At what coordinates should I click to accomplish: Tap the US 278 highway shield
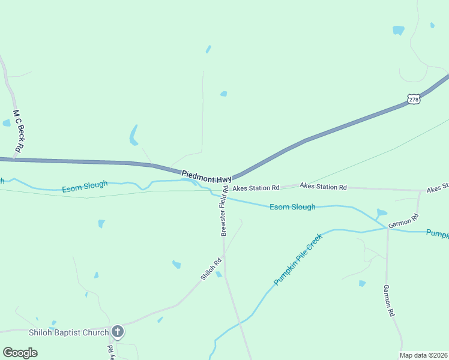coord(413,99)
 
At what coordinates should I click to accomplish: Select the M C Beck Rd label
coord(18,130)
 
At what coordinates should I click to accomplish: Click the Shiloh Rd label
coord(211,269)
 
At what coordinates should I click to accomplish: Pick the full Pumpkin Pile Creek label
coord(298,259)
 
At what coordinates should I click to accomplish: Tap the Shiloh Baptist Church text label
coord(69,332)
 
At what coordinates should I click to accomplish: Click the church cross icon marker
coord(118,332)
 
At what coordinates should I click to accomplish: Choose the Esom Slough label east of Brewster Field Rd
coord(292,207)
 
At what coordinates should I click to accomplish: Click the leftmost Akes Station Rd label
coord(256,188)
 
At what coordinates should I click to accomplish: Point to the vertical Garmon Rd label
coord(389,301)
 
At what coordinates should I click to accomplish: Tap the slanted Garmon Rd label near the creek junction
coord(403,220)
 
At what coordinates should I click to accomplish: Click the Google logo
coord(20,353)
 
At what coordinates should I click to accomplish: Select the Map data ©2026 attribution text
coord(423,355)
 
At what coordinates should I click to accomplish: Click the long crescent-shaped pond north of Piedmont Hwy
coord(133,136)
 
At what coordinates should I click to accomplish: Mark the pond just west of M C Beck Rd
coord(7,123)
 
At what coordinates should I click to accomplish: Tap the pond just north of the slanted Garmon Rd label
coord(382,212)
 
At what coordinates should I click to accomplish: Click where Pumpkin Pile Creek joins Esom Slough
coord(387,228)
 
